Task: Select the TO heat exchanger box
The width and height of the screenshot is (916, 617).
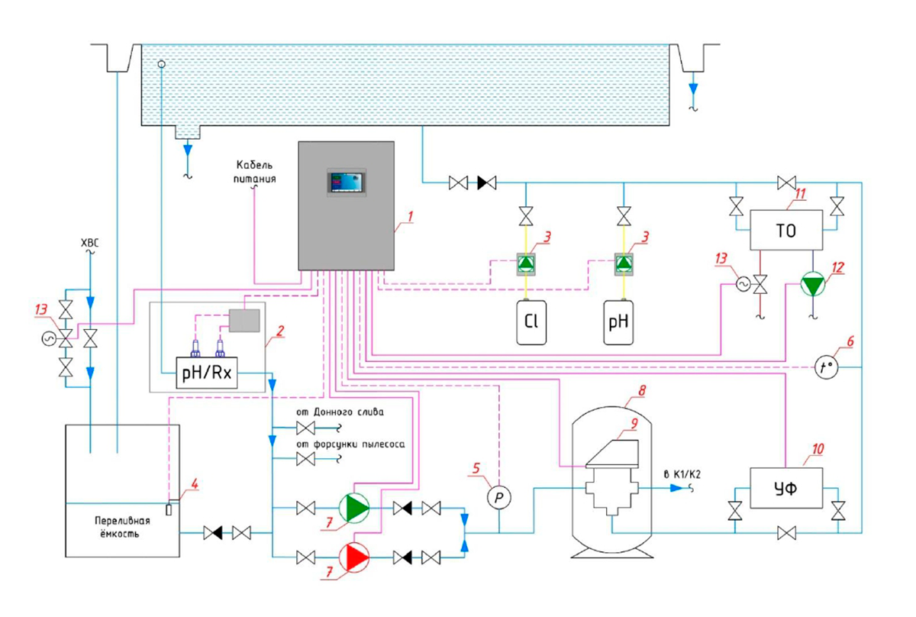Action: (785, 230)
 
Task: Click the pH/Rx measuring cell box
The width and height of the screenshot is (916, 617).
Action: (206, 373)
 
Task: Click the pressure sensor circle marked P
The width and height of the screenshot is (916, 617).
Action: (498, 497)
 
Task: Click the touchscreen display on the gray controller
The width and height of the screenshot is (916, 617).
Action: (347, 183)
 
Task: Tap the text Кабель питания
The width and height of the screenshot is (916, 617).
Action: (254, 173)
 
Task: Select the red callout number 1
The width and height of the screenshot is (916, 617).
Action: (410, 217)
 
